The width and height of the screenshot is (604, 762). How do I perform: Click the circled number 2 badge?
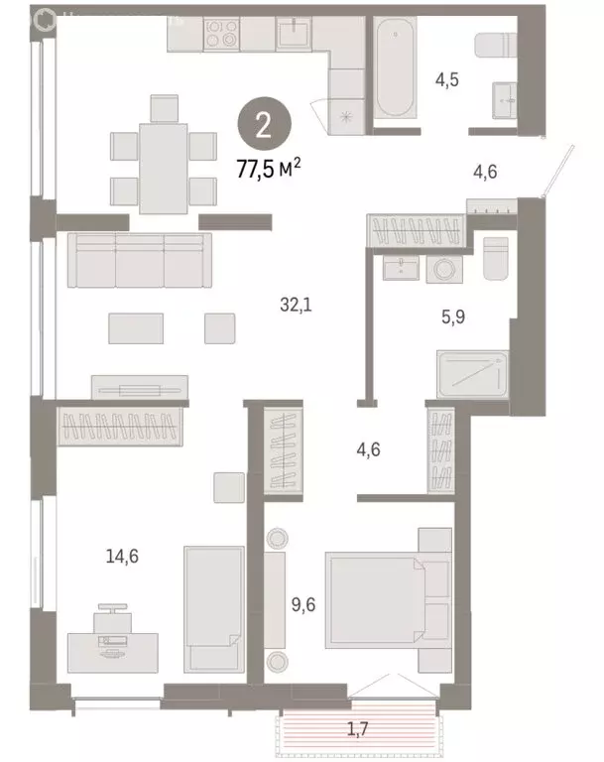tap(263, 125)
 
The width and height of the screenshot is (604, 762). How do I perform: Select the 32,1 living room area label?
tap(296, 307)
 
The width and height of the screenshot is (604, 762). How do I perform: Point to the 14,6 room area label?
tap(122, 557)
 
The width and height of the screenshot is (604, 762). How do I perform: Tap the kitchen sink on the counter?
tap(294, 35)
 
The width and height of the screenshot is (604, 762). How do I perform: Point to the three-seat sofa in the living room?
tap(138, 261)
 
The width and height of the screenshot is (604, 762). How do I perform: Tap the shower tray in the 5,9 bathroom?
tap(473, 375)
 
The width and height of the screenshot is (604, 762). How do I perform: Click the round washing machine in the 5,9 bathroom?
tap(443, 268)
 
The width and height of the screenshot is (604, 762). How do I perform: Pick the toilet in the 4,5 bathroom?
tap(493, 47)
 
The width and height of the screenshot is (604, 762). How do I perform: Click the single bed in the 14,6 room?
tap(213, 608)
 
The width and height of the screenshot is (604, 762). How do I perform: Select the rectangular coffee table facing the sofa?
tap(136, 328)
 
